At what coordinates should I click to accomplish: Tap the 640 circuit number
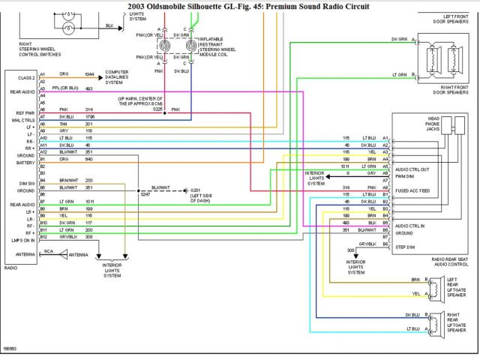[x=88, y=159]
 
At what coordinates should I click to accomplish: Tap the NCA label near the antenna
[x=49, y=251]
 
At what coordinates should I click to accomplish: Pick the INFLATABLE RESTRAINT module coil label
[x=217, y=46]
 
